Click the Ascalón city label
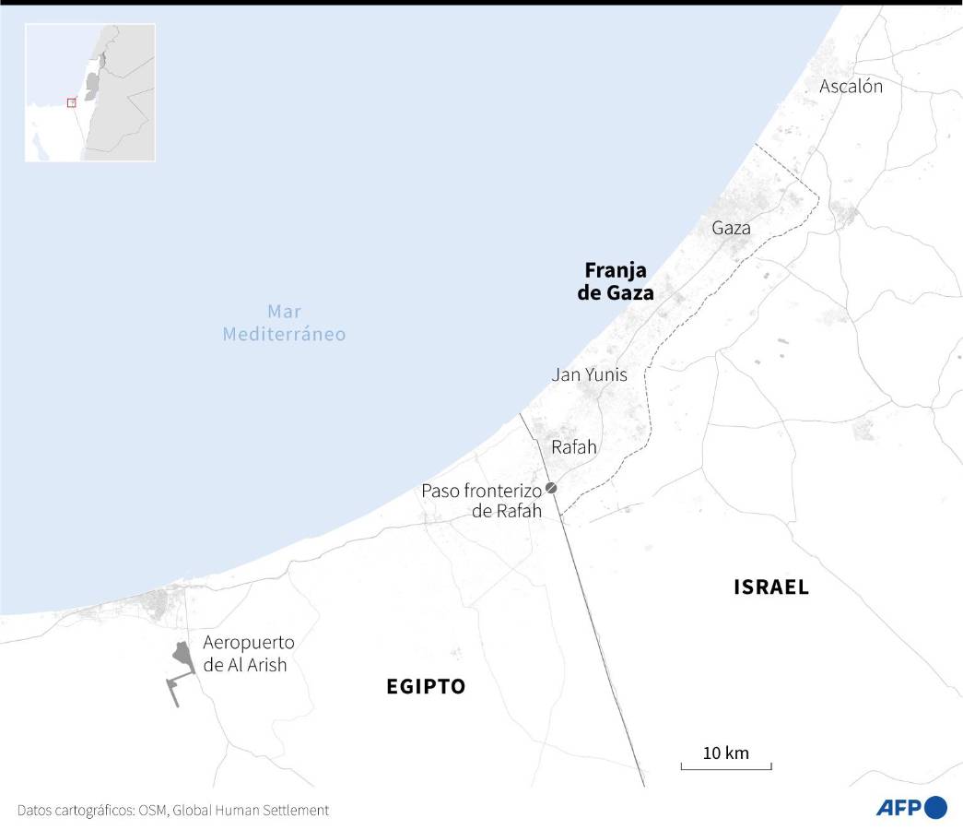pos(851,87)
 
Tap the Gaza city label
pos(731,228)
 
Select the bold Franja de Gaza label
pos(619,281)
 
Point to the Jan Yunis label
pos(589,374)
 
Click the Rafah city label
pos(573,447)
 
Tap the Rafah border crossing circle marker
pos(551,487)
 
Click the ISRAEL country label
pos(770,587)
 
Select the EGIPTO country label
pos(426,686)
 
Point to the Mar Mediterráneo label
pos(284,323)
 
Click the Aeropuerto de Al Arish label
pos(248,654)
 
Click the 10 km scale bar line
pos(726,767)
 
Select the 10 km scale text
pos(726,753)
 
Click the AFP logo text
pos(898,809)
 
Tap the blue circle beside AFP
pos(935,808)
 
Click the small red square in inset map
pos(71,102)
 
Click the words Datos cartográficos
pos(76,810)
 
